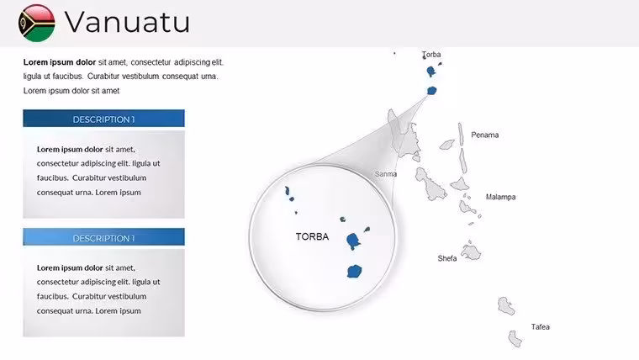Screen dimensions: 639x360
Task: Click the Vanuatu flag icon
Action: [37, 23]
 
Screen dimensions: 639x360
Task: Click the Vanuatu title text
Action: [127, 22]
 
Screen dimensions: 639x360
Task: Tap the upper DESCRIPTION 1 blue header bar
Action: [103, 119]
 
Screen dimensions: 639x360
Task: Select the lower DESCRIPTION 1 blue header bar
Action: [103, 237]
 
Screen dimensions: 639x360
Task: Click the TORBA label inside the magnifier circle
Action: [312, 236]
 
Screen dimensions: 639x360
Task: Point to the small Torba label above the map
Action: [431, 54]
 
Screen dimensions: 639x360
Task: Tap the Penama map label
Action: [485, 135]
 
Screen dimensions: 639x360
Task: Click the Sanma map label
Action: [386, 174]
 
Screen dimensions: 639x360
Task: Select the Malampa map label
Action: [500, 197]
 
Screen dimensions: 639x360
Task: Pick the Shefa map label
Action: [447, 258]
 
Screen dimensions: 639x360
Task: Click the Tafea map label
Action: [541, 327]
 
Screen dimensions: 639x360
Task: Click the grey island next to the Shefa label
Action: [472, 252]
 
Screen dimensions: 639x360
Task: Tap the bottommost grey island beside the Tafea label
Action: [515, 338]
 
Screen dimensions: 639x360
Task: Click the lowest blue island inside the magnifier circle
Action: [355, 271]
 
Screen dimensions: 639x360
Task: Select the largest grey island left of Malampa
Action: [430, 184]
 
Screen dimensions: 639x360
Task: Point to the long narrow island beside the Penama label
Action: [461, 134]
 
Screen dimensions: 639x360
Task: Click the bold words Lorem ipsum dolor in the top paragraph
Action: [60, 62]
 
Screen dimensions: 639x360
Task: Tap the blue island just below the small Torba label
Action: [430, 71]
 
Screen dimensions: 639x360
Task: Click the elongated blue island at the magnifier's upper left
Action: [288, 191]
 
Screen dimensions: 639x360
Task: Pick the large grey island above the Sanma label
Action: [404, 136]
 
